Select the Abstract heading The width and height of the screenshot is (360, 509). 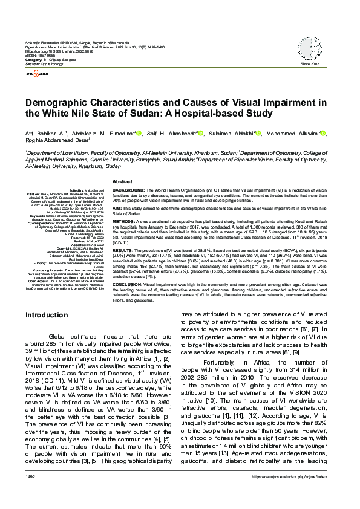pyautogui.click(x=123, y=181)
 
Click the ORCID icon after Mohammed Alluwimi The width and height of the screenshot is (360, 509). pyautogui.click(x=323, y=133)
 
